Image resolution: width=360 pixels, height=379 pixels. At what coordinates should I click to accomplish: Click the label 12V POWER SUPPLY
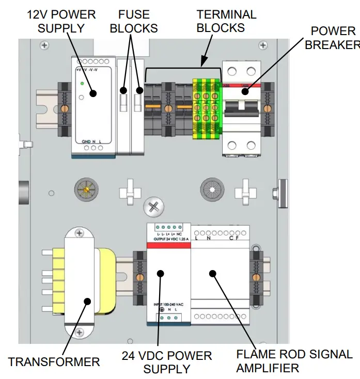click(x=61, y=21)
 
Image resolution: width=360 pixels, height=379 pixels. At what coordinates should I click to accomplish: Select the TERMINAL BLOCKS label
click(x=226, y=21)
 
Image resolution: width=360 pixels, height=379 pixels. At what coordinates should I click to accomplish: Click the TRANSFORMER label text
click(x=54, y=361)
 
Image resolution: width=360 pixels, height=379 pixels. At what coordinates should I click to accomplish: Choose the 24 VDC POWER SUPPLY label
click(x=167, y=362)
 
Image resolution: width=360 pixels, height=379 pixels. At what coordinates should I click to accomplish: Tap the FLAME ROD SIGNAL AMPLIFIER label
click(x=294, y=361)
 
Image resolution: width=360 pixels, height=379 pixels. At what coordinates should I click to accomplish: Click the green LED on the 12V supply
click(x=82, y=83)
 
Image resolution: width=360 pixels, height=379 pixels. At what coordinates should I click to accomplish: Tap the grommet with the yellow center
click(x=85, y=192)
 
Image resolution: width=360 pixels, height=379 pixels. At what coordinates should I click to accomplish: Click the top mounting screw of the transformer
click(x=79, y=234)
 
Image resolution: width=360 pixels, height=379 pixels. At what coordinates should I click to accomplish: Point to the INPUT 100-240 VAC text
click(x=168, y=304)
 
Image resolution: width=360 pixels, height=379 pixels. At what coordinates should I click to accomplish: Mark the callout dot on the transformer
click(x=87, y=302)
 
